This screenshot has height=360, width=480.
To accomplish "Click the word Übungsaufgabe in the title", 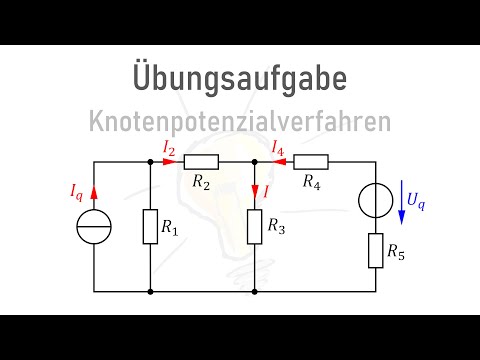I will (x=239, y=76).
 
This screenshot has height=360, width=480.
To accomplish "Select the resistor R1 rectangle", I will (x=149, y=227).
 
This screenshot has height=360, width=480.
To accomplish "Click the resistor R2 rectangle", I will (x=202, y=162).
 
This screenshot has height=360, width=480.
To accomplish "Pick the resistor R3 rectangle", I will (x=255, y=226).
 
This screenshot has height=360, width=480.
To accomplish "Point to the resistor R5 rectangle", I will (x=376, y=249).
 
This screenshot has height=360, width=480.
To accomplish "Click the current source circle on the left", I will (x=94, y=227).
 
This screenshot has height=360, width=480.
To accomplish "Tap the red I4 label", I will (x=281, y=147).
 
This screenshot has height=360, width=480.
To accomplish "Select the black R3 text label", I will (x=277, y=227).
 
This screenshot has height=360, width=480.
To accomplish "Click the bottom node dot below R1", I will (x=149, y=291).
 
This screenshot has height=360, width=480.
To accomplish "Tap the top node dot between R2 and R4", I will (x=255, y=162).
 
